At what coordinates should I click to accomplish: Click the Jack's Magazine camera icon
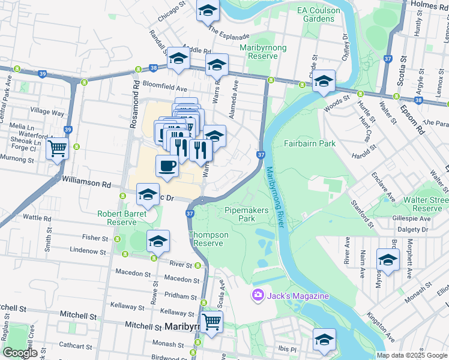[258, 296]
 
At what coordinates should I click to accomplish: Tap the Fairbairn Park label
[310, 144]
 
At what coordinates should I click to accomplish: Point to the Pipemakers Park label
[248, 215]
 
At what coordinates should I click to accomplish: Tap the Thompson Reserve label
[209, 239]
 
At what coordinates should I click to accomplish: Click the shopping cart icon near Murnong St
[58, 148]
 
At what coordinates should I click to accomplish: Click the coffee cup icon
[167, 165]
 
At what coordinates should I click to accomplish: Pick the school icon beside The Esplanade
[208, 10]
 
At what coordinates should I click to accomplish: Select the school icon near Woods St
[324, 81]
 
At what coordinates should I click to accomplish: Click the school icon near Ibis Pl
[324, 340]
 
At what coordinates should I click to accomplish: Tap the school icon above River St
[158, 241]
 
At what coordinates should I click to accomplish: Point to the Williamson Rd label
[86, 178]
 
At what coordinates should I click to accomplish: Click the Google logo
[20, 353]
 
